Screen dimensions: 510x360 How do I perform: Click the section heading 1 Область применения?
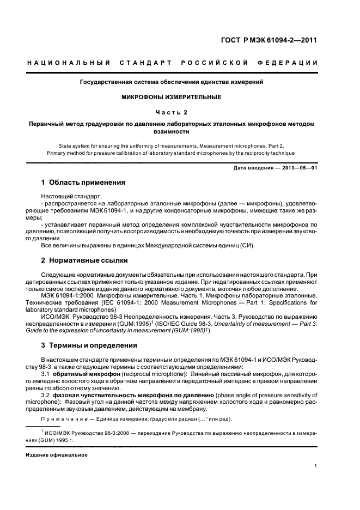pos(83,182)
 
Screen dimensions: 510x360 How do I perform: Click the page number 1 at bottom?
pos(316,465)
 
